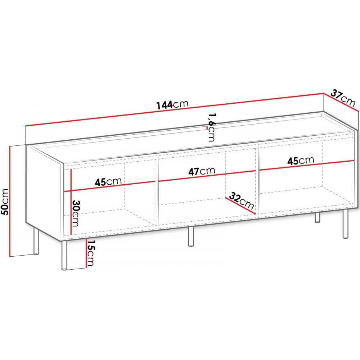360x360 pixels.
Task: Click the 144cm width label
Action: (x=172, y=104)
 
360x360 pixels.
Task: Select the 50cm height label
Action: (x=5, y=202)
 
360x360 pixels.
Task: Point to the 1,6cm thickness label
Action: (x=211, y=127)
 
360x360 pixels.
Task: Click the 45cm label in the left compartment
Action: (x=108, y=181)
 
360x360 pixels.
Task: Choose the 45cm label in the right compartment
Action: (x=301, y=161)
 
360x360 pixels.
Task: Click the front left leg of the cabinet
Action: (x=64, y=255)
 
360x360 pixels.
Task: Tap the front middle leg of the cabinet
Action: (x=191, y=237)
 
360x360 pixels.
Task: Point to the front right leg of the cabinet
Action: (x=346, y=224)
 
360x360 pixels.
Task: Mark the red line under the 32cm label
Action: (x=240, y=206)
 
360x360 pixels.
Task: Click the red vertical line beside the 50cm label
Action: (x=10, y=201)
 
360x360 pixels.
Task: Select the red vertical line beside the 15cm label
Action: (x=86, y=253)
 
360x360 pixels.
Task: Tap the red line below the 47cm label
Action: (x=207, y=176)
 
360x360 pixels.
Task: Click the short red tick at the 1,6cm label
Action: (x=208, y=128)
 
